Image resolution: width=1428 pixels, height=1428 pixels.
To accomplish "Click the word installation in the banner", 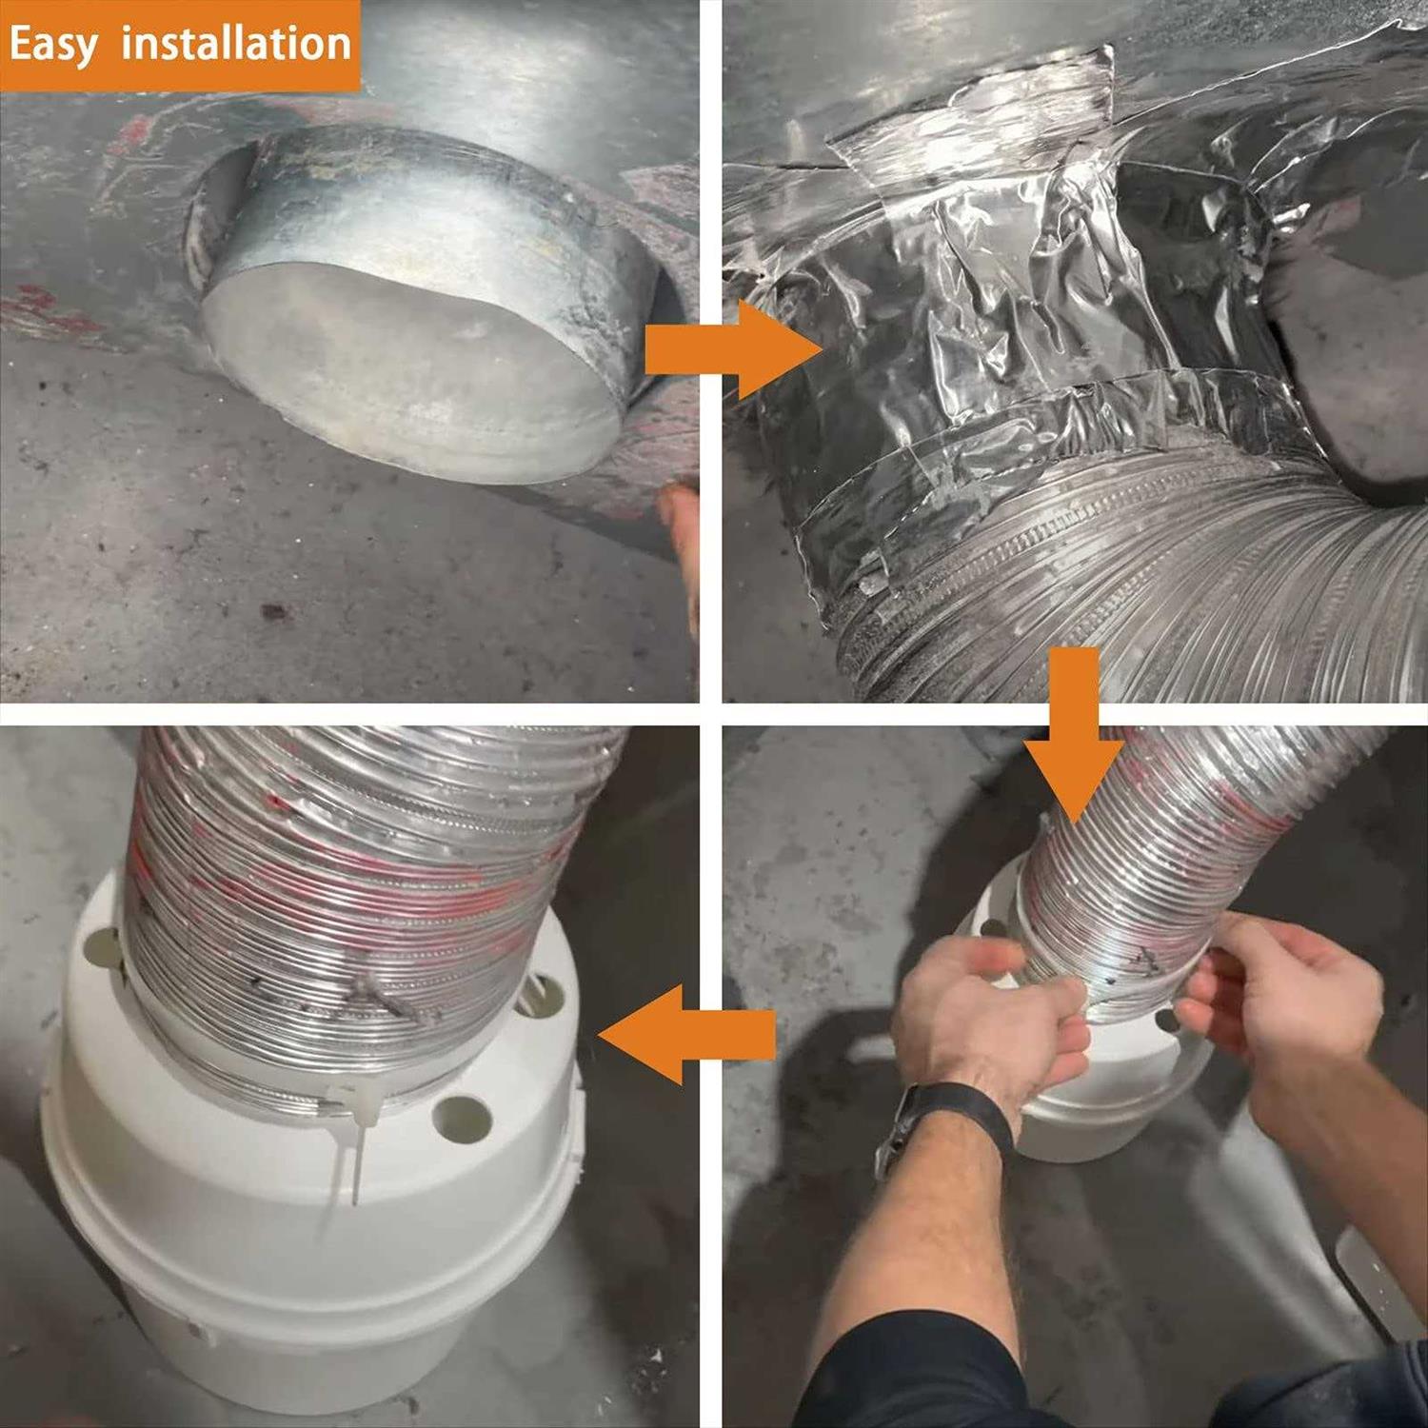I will [236, 44].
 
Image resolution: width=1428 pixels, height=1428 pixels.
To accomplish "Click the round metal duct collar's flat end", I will [409, 371].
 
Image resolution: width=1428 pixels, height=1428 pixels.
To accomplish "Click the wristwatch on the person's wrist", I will [942, 1123].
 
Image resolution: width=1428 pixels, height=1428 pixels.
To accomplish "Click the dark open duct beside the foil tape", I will [1352, 362].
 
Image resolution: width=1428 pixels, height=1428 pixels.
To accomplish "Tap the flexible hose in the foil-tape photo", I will [1142, 590].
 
